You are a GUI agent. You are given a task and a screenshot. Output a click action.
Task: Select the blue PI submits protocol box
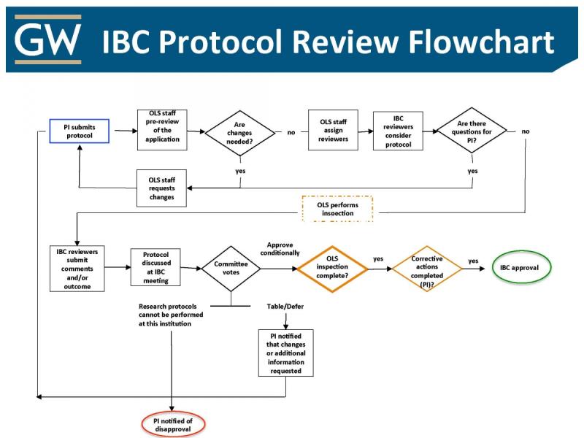79,131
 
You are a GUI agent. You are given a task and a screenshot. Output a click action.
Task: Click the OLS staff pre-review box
162,130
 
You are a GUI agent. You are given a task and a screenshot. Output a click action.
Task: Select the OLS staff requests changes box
161,188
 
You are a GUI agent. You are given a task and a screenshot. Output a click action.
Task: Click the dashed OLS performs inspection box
337,209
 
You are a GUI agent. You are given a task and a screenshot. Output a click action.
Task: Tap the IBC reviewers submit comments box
77,269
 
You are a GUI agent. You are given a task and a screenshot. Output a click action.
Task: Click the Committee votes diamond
231,269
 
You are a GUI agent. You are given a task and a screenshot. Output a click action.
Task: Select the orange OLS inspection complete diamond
331,268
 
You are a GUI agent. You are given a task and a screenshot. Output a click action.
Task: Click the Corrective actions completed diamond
427,268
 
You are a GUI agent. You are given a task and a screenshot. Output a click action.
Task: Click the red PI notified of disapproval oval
173,424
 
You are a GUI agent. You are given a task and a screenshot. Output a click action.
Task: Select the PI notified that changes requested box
286,353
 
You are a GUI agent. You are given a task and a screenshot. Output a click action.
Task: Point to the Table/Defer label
285,306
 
